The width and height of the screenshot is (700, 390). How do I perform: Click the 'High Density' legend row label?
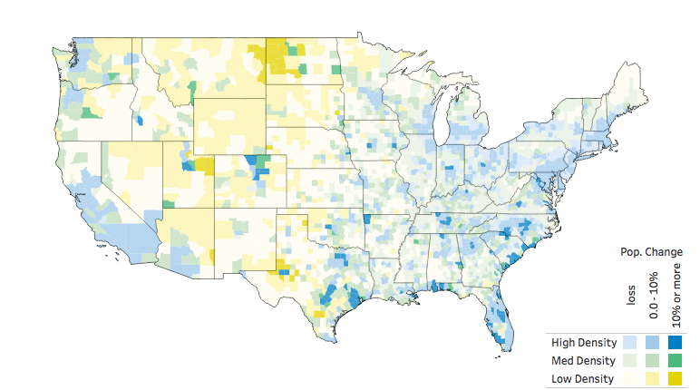[585, 343]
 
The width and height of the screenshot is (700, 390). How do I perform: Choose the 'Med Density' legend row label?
[585, 361]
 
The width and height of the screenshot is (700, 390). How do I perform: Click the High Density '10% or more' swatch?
[675, 343]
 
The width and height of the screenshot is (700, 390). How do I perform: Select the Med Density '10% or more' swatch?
[675, 361]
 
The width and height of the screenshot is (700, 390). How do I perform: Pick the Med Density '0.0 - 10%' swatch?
[653, 361]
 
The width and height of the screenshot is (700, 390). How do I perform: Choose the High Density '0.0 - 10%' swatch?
[653, 343]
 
